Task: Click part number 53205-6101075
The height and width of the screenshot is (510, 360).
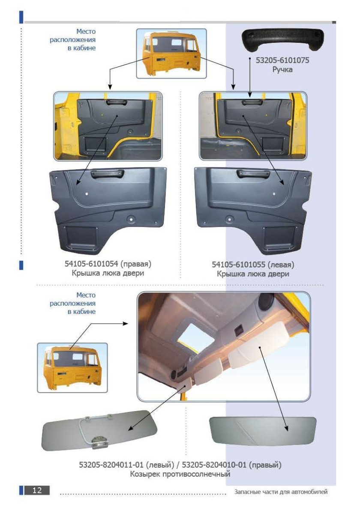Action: (x=282, y=60)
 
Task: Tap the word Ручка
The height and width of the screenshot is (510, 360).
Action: (x=282, y=69)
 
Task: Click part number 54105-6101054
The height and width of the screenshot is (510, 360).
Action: (x=91, y=264)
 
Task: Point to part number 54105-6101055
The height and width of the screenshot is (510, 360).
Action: (x=239, y=265)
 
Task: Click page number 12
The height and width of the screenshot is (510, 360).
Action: (x=37, y=490)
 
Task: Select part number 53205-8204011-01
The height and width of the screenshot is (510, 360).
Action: (x=111, y=465)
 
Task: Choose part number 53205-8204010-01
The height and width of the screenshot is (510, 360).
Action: (x=214, y=465)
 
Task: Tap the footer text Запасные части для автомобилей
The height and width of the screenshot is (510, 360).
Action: (x=281, y=492)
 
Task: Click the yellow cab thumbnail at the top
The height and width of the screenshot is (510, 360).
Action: (x=171, y=54)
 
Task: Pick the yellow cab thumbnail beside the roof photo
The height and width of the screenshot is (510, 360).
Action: (x=72, y=367)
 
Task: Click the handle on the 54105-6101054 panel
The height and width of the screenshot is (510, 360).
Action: (x=107, y=174)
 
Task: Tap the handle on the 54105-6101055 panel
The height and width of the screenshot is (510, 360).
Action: (x=253, y=174)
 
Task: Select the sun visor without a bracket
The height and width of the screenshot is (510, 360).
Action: (x=263, y=431)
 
